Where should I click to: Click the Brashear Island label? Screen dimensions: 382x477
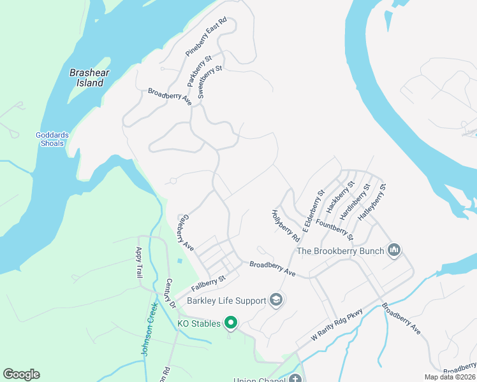[87, 78]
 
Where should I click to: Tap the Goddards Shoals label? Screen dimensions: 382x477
[50, 139]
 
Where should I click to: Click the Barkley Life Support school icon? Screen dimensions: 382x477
[276, 299]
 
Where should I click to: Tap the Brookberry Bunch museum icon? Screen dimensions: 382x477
[395, 250]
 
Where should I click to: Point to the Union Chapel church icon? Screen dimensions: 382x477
[295, 379]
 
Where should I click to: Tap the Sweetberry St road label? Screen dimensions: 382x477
[210, 81]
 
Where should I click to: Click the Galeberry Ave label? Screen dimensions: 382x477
[184, 231]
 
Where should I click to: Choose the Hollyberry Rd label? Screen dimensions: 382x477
[286, 226]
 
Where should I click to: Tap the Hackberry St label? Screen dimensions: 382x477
[340, 198]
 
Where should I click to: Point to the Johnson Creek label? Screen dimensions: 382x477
[149, 329]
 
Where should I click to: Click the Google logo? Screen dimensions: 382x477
[22, 374]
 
